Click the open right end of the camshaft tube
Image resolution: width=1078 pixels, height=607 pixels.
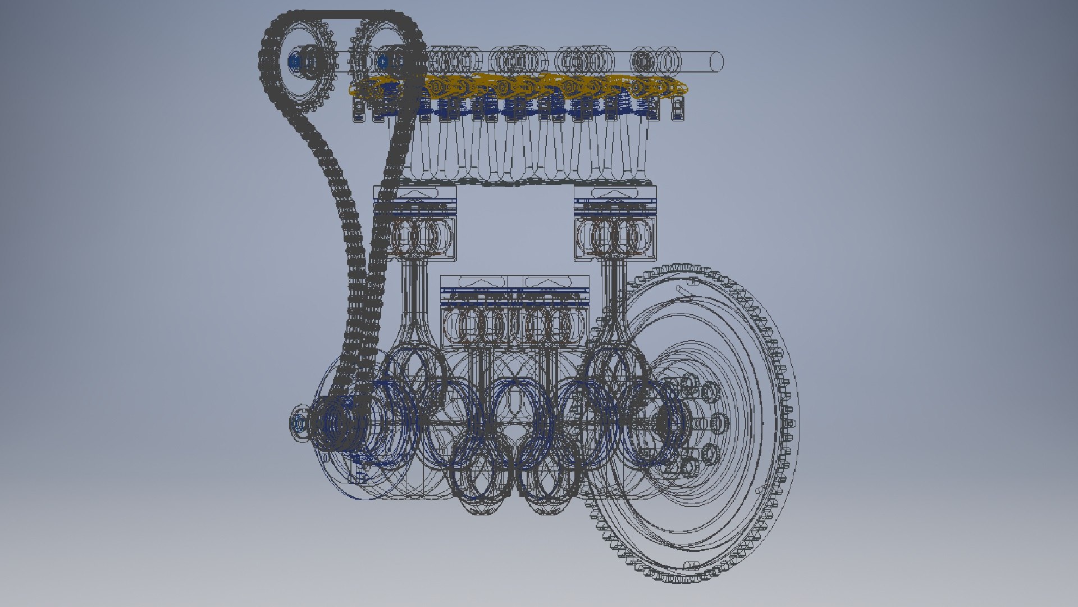(717, 61)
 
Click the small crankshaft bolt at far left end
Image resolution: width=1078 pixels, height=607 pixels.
(298, 424)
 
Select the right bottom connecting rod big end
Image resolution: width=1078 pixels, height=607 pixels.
(550, 478)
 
